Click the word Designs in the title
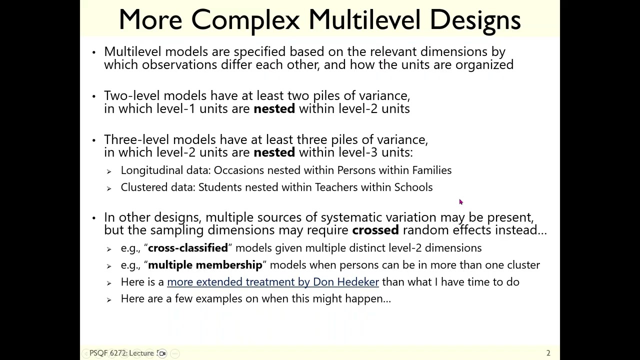[x=475, y=20]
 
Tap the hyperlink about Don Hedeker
[x=272, y=282]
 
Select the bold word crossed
[x=375, y=230]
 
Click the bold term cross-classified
[x=187, y=248]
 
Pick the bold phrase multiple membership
[x=205, y=265]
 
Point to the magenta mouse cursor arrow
[x=460, y=201]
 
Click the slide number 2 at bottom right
[x=548, y=353]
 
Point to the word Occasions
[x=238, y=170]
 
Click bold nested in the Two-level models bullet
[x=274, y=109]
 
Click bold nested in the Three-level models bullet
[x=274, y=153]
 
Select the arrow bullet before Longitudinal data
[x=109, y=171]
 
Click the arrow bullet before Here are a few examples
[x=109, y=299]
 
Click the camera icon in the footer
[x=162, y=353]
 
